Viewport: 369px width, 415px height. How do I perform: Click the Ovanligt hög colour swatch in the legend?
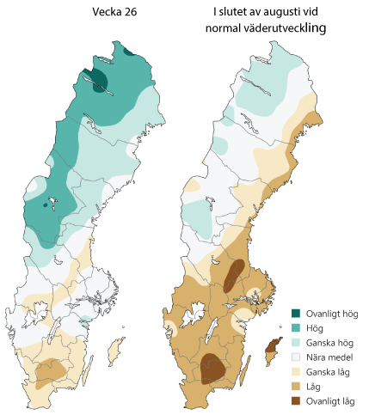coord(296,314)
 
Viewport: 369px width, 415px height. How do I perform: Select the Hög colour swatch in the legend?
coord(296,328)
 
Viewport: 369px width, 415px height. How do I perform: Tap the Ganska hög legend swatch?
coord(296,342)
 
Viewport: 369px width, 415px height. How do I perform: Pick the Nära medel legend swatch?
coord(296,357)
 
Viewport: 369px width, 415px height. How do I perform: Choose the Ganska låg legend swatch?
coord(296,371)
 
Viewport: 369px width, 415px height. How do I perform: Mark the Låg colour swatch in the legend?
coord(296,386)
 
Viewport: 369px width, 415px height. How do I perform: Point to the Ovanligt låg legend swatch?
coord(296,400)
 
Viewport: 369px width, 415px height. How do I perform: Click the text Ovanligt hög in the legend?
coord(332,314)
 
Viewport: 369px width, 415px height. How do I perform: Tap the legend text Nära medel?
coord(328,357)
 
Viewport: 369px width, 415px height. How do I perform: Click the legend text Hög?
coord(316,328)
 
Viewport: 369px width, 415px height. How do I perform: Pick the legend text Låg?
coord(315,386)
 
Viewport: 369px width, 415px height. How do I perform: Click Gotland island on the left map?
coord(113,351)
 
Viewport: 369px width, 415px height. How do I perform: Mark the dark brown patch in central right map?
coord(232,276)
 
